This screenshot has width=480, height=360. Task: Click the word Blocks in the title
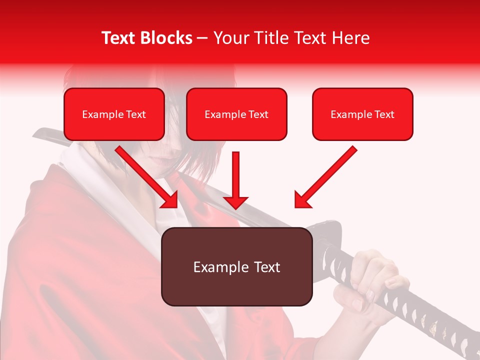pos(166,38)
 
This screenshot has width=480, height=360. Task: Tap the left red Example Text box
pos(114,114)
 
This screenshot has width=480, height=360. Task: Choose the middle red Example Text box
pos(236,114)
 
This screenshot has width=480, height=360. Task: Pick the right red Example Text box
pos(362,114)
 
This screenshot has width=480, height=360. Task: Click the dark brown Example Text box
pos(236,266)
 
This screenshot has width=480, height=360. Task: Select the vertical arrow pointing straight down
pos(235,180)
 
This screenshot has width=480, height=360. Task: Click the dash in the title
pos(202,38)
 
